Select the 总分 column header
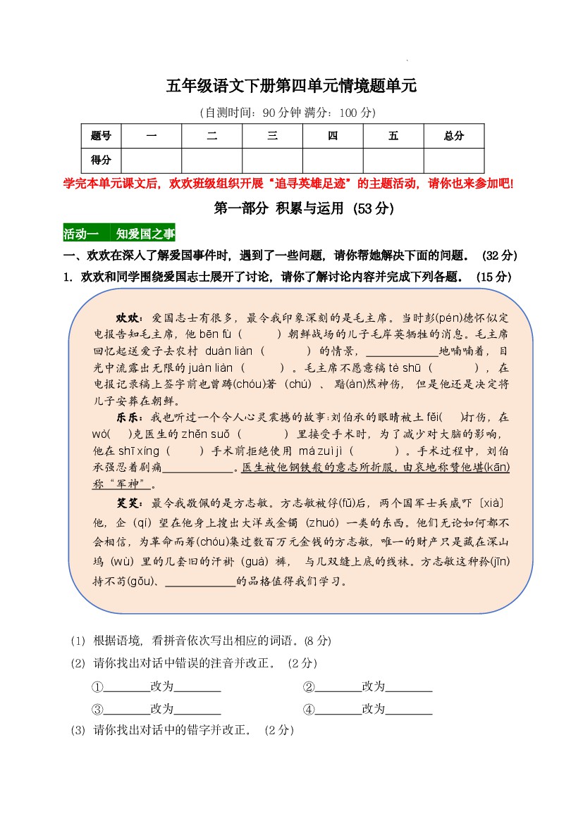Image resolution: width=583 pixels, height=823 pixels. pos(453,136)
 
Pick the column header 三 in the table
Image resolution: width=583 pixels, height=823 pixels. pos(272,136)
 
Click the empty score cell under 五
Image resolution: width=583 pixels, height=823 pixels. pos(393,161)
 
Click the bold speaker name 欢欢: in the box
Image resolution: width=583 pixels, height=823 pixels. pos(130,318)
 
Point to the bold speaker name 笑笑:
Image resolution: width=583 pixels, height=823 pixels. pos(130,503)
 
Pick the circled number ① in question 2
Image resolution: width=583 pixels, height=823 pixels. pos(97,687)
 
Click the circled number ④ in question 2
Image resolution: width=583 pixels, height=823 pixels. pos(309,709)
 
